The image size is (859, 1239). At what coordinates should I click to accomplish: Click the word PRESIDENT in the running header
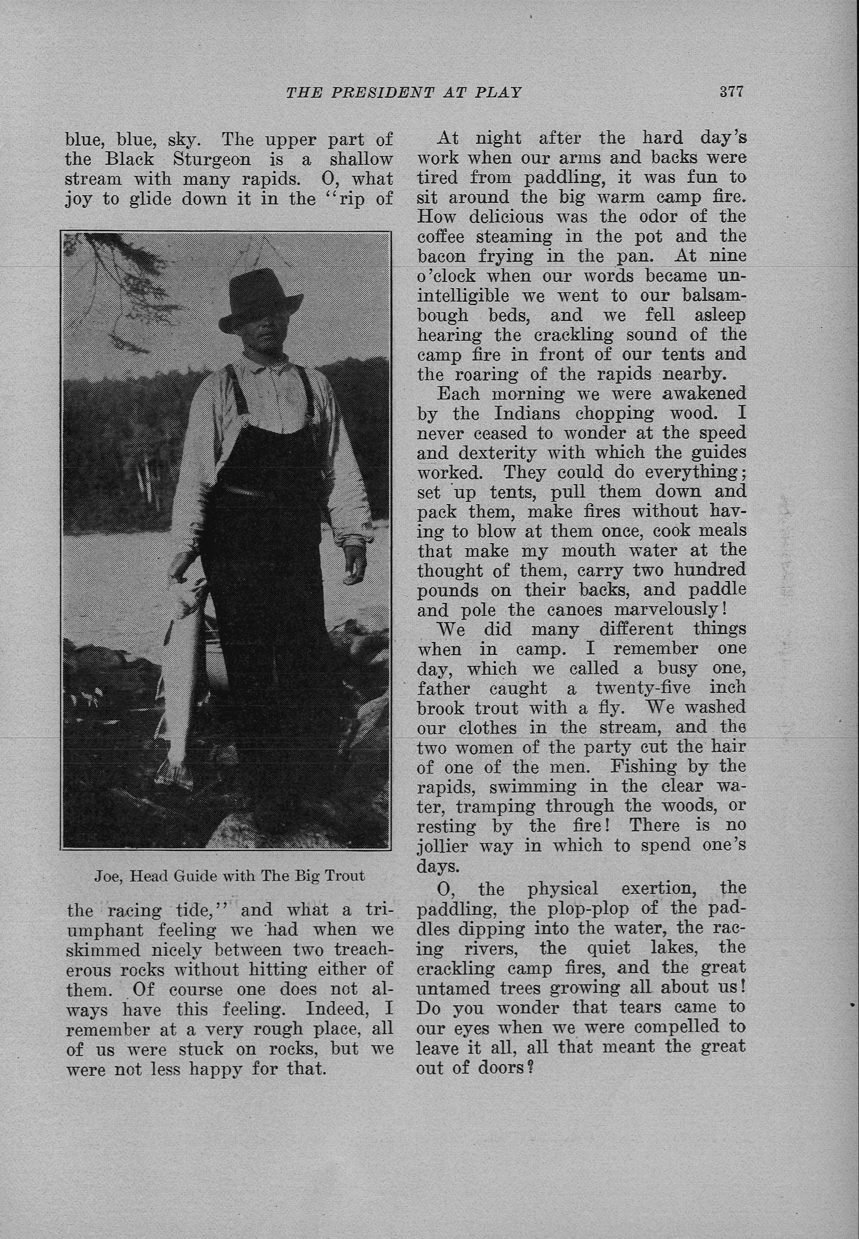coord(382,93)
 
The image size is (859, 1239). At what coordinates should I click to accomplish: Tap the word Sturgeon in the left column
coord(212,159)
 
